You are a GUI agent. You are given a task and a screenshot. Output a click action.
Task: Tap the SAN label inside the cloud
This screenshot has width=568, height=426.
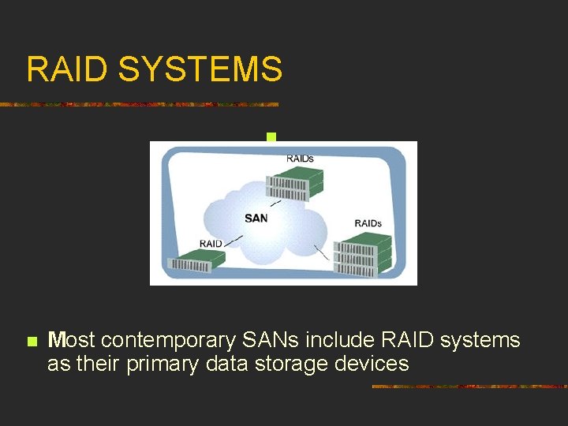click(256, 218)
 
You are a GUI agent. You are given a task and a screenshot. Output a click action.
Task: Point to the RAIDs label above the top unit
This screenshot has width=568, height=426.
click(300, 159)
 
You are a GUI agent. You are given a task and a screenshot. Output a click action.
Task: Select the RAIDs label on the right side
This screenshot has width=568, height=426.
click(368, 223)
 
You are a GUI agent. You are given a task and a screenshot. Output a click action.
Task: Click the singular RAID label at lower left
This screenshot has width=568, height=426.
click(211, 243)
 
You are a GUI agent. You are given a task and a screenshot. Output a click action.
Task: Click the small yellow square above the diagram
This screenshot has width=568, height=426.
click(271, 137)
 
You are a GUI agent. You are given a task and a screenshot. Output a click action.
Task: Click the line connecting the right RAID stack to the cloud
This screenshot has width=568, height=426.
click(321, 252)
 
